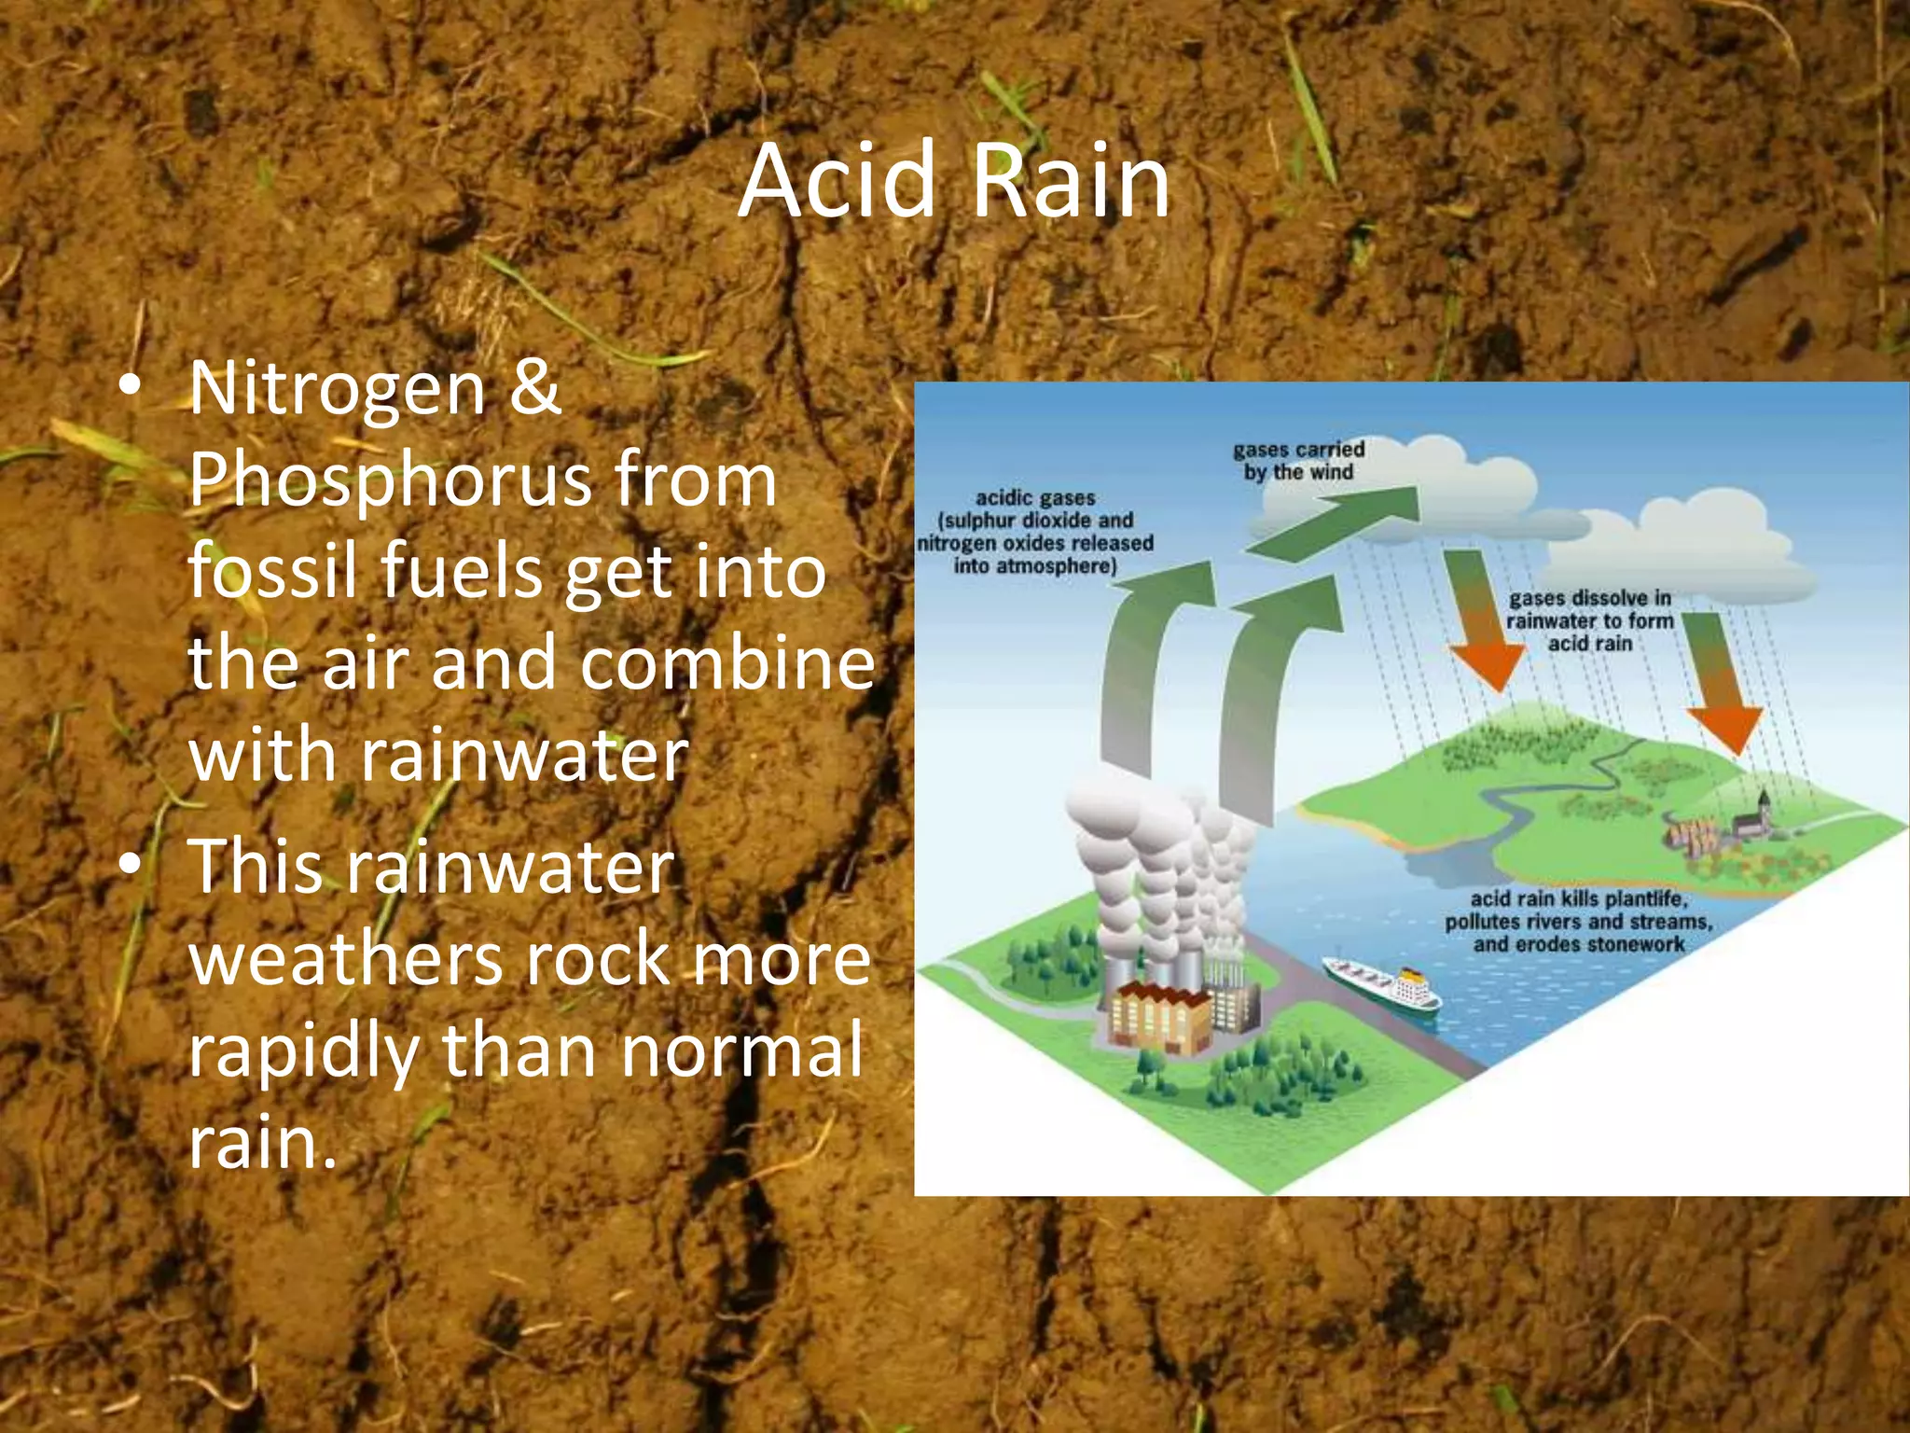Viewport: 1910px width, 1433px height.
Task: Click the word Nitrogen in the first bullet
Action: tap(337, 389)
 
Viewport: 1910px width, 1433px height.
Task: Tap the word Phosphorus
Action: tap(390, 480)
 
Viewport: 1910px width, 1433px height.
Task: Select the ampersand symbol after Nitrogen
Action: tap(534, 389)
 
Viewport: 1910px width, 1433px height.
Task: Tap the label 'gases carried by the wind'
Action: tap(1298, 461)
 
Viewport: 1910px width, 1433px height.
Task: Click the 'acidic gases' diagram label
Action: tap(1035, 532)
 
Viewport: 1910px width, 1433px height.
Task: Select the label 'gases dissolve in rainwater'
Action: tap(1589, 620)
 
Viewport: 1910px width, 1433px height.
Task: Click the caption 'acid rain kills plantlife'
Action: tap(1578, 922)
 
